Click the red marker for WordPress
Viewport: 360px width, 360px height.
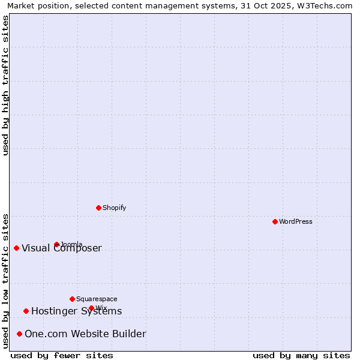[x=275, y=221]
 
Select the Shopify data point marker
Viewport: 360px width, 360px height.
[x=99, y=208]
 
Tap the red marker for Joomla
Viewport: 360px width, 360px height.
[x=57, y=244]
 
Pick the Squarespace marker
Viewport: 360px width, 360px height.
[x=72, y=299]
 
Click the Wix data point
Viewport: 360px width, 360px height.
[x=91, y=308]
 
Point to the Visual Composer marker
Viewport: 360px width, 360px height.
[x=17, y=248]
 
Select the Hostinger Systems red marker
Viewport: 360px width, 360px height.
[x=26, y=311]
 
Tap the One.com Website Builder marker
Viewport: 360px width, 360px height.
[x=20, y=334]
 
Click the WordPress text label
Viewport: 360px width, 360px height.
[x=296, y=222]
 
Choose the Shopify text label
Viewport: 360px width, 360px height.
[x=115, y=208]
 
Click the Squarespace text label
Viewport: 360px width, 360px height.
[x=97, y=299]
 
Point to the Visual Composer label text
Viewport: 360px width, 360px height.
[x=62, y=248]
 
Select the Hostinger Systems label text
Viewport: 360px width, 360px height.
[x=76, y=311]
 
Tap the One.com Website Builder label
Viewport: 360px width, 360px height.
[x=85, y=334]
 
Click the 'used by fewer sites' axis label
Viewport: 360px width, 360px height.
[x=62, y=355]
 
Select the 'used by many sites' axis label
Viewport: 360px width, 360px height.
[x=301, y=355]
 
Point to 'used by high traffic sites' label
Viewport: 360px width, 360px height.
[x=5, y=85]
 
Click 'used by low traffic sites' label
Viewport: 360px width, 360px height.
[x=5, y=281]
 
